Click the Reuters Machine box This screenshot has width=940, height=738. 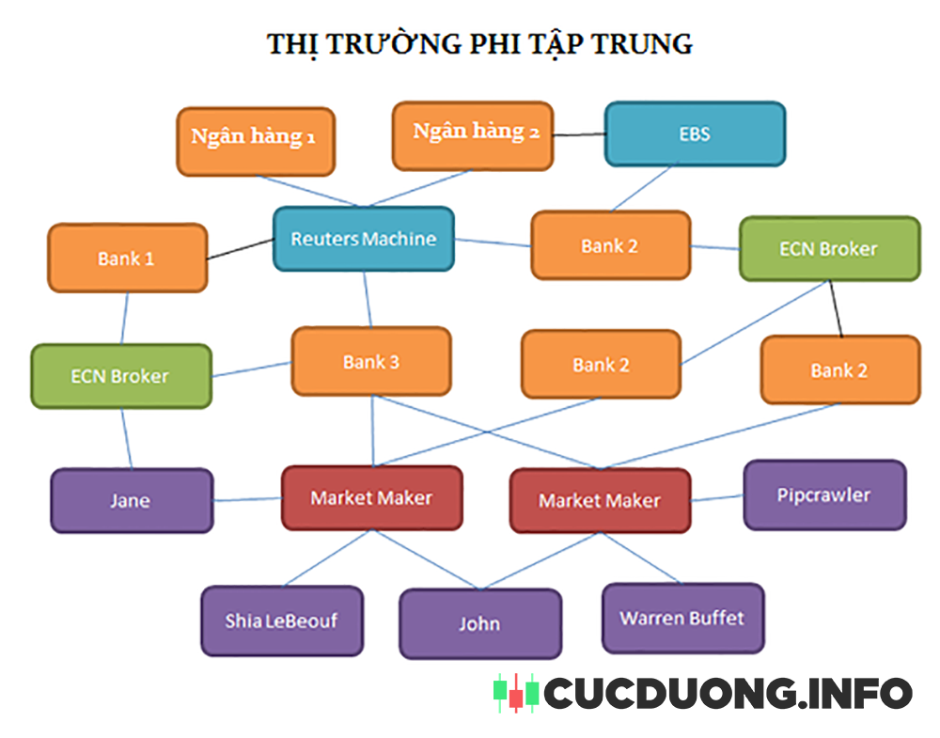click(x=363, y=239)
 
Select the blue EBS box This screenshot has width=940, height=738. click(x=694, y=133)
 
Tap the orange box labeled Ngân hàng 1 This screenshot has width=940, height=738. click(x=255, y=140)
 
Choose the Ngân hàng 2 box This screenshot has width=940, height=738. click(x=472, y=134)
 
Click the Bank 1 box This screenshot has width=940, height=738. click(x=127, y=258)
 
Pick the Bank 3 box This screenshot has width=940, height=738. click(x=370, y=361)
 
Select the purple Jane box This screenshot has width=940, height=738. click(x=131, y=500)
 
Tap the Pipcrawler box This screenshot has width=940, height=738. click(x=824, y=495)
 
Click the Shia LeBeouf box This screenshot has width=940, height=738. click(x=281, y=620)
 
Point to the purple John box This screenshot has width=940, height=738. click(x=479, y=623)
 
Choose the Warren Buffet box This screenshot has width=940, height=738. click(x=682, y=618)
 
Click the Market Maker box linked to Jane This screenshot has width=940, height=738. click(x=371, y=497)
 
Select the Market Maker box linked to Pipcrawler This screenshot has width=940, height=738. click(x=600, y=500)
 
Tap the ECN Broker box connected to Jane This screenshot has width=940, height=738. click(x=120, y=376)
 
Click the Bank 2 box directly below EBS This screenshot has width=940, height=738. click(x=610, y=245)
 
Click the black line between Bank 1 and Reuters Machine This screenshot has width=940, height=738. click(x=240, y=248)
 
